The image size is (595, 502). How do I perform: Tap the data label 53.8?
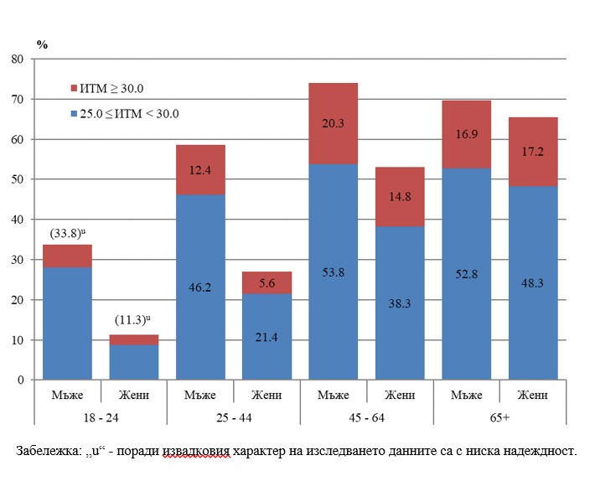334,272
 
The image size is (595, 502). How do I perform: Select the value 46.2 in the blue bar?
200,286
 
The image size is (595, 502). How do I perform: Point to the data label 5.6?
266,283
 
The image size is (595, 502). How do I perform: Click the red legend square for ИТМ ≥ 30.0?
73,88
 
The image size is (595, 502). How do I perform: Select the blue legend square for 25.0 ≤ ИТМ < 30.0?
73,114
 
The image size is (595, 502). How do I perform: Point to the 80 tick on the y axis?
18,60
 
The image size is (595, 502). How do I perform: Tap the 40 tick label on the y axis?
18,220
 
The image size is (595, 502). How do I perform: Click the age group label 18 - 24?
101,416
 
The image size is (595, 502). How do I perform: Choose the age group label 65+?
499,416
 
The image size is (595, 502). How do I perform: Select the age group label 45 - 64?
366,416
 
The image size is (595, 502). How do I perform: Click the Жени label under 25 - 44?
266,395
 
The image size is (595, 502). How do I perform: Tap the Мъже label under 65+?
466,395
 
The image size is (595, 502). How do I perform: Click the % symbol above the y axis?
42,44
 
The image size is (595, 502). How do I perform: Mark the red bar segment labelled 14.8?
400,196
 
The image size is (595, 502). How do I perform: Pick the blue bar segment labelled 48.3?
532,283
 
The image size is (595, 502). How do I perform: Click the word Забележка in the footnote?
47,451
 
